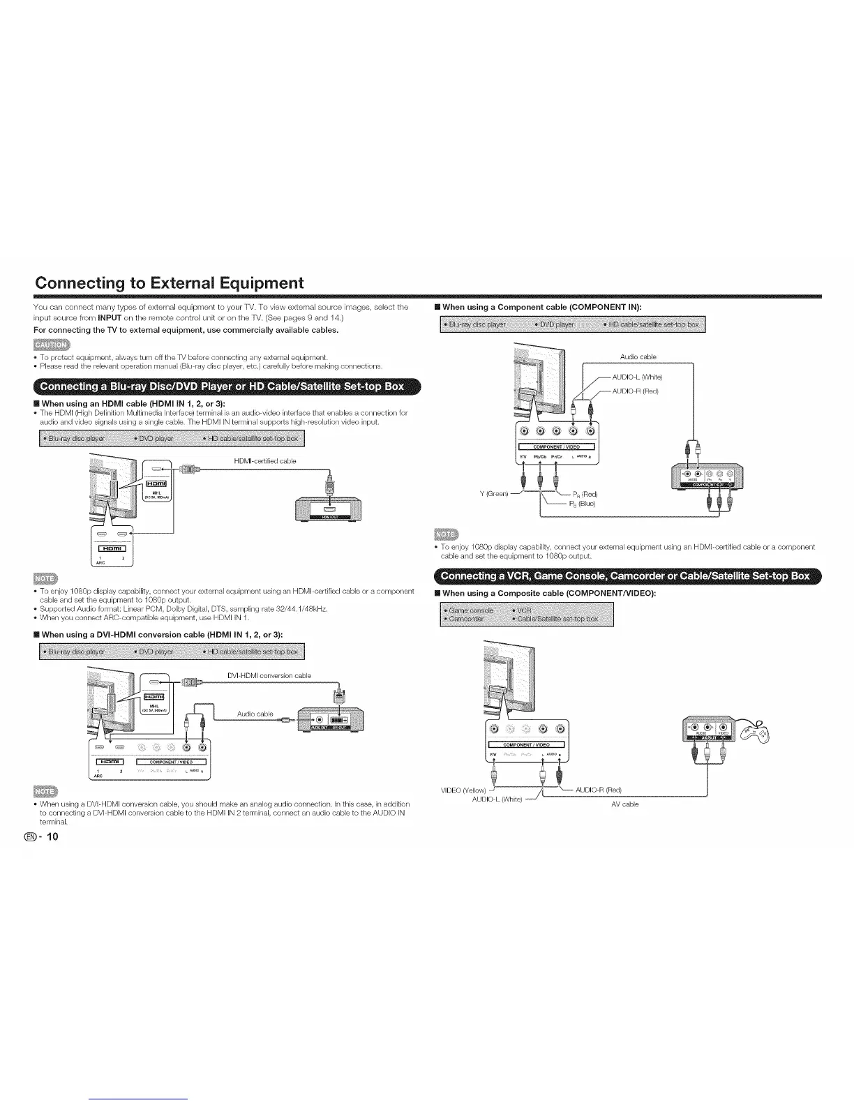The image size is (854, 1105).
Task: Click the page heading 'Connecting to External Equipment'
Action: coord(170,283)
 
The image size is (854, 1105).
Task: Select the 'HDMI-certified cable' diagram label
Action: coord(265,460)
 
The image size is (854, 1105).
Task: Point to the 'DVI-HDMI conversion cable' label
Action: coord(269,675)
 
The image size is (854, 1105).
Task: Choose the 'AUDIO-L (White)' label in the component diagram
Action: coord(636,377)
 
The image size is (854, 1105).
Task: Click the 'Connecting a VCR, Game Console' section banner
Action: coord(627,576)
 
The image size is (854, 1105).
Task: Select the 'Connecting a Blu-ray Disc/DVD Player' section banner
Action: coord(221,386)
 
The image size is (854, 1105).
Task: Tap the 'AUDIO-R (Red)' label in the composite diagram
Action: coord(598,790)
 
